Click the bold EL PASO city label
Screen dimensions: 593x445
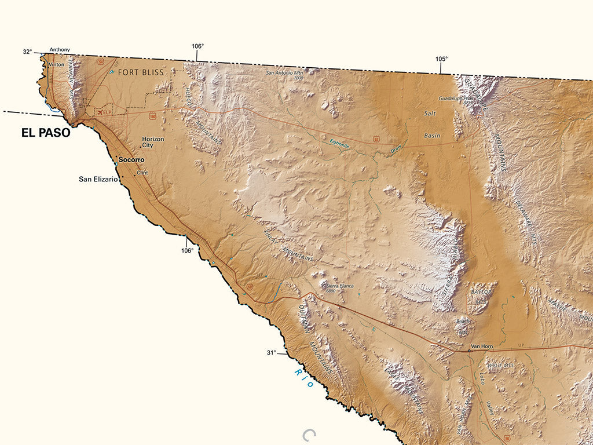click(x=46, y=133)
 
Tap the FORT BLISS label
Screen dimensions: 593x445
click(x=141, y=72)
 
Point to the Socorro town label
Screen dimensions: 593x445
click(x=131, y=159)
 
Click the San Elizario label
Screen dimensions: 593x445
click(x=98, y=180)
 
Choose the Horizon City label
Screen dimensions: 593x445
click(x=153, y=142)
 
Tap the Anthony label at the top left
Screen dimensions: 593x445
click(x=60, y=50)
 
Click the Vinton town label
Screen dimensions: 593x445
click(x=57, y=64)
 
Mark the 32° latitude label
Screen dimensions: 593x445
click(x=27, y=52)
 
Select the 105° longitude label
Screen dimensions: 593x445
click(x=442, y=59)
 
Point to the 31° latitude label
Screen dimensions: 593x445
click(x=271, y=352)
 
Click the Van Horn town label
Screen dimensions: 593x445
click(x=481, y=346)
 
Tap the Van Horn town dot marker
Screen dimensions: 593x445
click(x=468, y=351)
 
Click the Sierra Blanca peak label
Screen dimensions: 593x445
click(x=339, y=286)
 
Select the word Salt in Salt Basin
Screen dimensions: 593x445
click(x=430, y=114)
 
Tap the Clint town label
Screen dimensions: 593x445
click(x=142, y=173)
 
